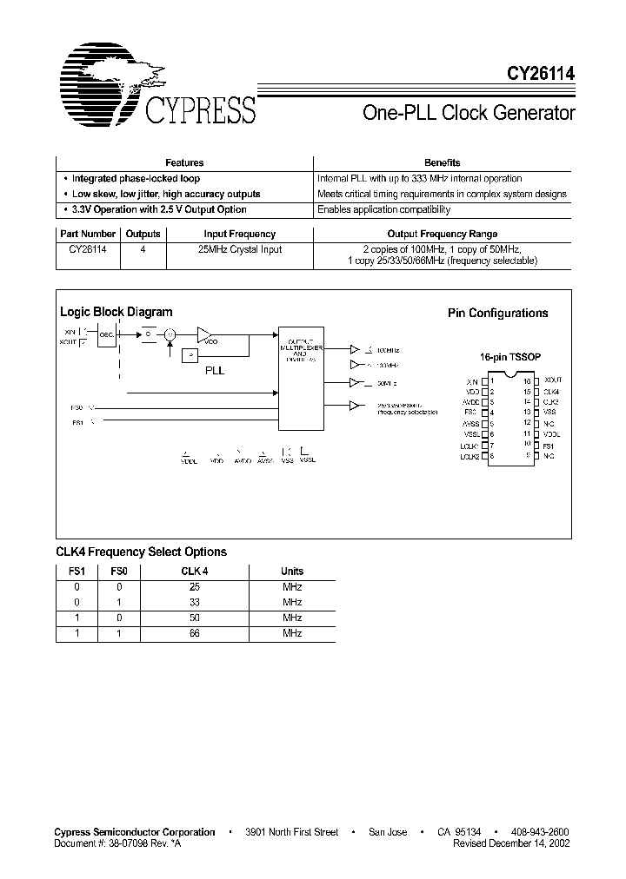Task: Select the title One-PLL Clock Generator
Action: (x=468, y=113)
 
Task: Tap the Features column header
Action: (x=184, y=162)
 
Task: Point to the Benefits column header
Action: (x=442, y=162)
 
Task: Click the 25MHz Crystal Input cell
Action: (x=239, y=249)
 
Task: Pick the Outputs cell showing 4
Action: (x=143, y=249)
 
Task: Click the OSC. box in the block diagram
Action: (x=107, y=335)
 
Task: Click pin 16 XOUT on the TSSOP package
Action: (x=552, y=380)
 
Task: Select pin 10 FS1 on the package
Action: (x=548, y=445)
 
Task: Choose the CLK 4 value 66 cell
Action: (x=194, y=634)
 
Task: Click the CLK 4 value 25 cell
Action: (x=194, y=587)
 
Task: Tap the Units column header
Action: (x=292, y=572)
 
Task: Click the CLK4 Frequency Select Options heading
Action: (x=141, y=552)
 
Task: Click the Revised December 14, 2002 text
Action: (x=513, y=843)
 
